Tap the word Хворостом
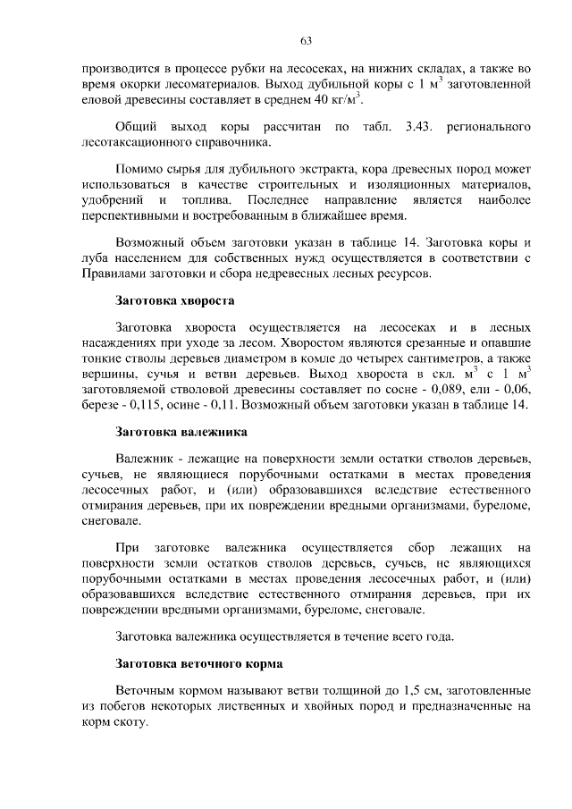pyautogui.click(x=311, y=343)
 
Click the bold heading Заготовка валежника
pyautogui.click(x=175, y=431)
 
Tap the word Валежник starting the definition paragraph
pyautogui.click(x=144, y=459)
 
